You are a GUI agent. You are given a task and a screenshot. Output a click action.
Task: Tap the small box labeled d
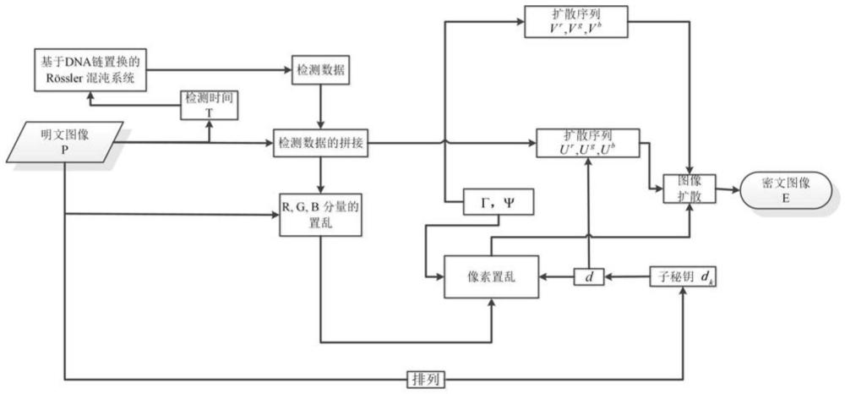click(586, 276)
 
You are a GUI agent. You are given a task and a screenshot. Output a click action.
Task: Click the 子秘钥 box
click(683, 276)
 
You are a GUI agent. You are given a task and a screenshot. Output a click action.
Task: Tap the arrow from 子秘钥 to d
click(625, 276)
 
